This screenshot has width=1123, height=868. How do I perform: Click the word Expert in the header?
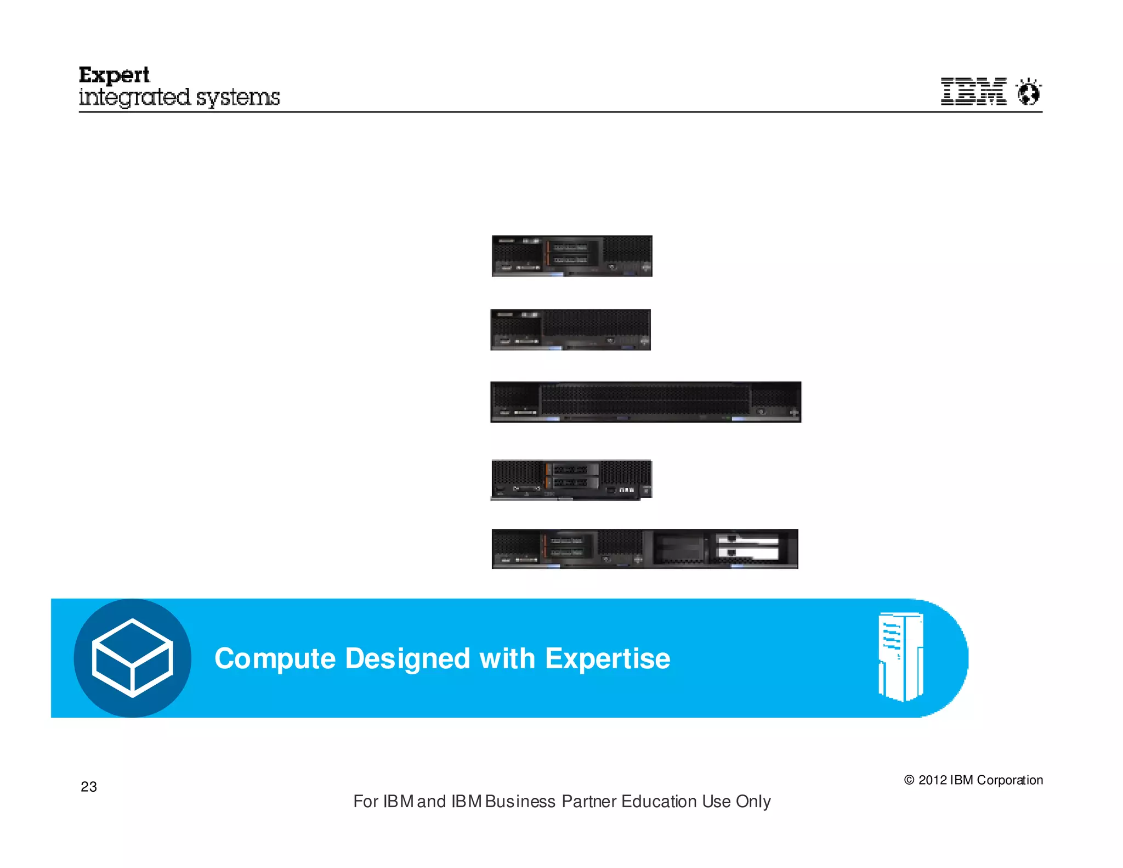tap(114, 75)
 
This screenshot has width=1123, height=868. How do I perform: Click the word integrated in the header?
tap(135, 98)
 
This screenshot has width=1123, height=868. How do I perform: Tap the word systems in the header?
tap(237, 98)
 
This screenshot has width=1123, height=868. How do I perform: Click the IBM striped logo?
tap(973, 91)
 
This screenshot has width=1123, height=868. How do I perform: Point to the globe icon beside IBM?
tap(1029, 92)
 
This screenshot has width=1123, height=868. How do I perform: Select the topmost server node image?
tap(572, 256)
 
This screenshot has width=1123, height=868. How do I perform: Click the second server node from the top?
tap(570, 330)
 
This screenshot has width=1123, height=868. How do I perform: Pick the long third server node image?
tap(645, 402)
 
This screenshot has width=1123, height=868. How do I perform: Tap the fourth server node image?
tap(571, 480)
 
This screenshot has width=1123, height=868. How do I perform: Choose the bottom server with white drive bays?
tap(645, 549)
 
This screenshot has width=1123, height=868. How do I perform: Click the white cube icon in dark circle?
tap(132, 658)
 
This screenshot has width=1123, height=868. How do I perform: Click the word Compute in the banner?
tap(275, 658)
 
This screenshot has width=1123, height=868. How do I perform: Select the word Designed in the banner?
tap(407, 658)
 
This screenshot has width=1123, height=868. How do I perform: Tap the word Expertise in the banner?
tap(608, 658)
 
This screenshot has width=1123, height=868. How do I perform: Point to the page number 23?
tap(89, 787)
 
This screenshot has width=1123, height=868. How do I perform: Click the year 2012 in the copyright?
tap(932, 780)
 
